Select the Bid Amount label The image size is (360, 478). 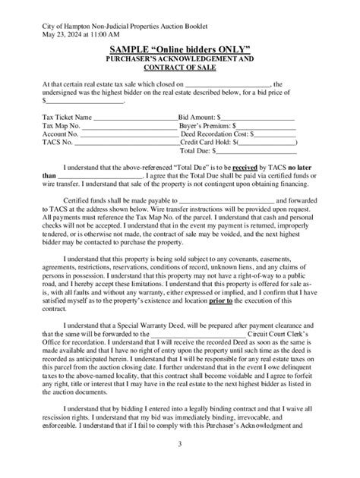[x=197, y=118]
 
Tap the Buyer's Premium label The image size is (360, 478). [x=205, y=126]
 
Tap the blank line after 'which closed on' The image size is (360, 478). [x=227, y=85]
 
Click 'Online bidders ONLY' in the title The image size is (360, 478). [x=205, y=49]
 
